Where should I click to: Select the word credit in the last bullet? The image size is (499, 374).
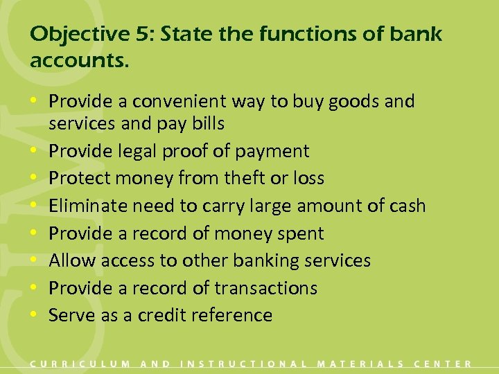(160, 315)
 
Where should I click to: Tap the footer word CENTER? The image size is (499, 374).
(443, 363)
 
